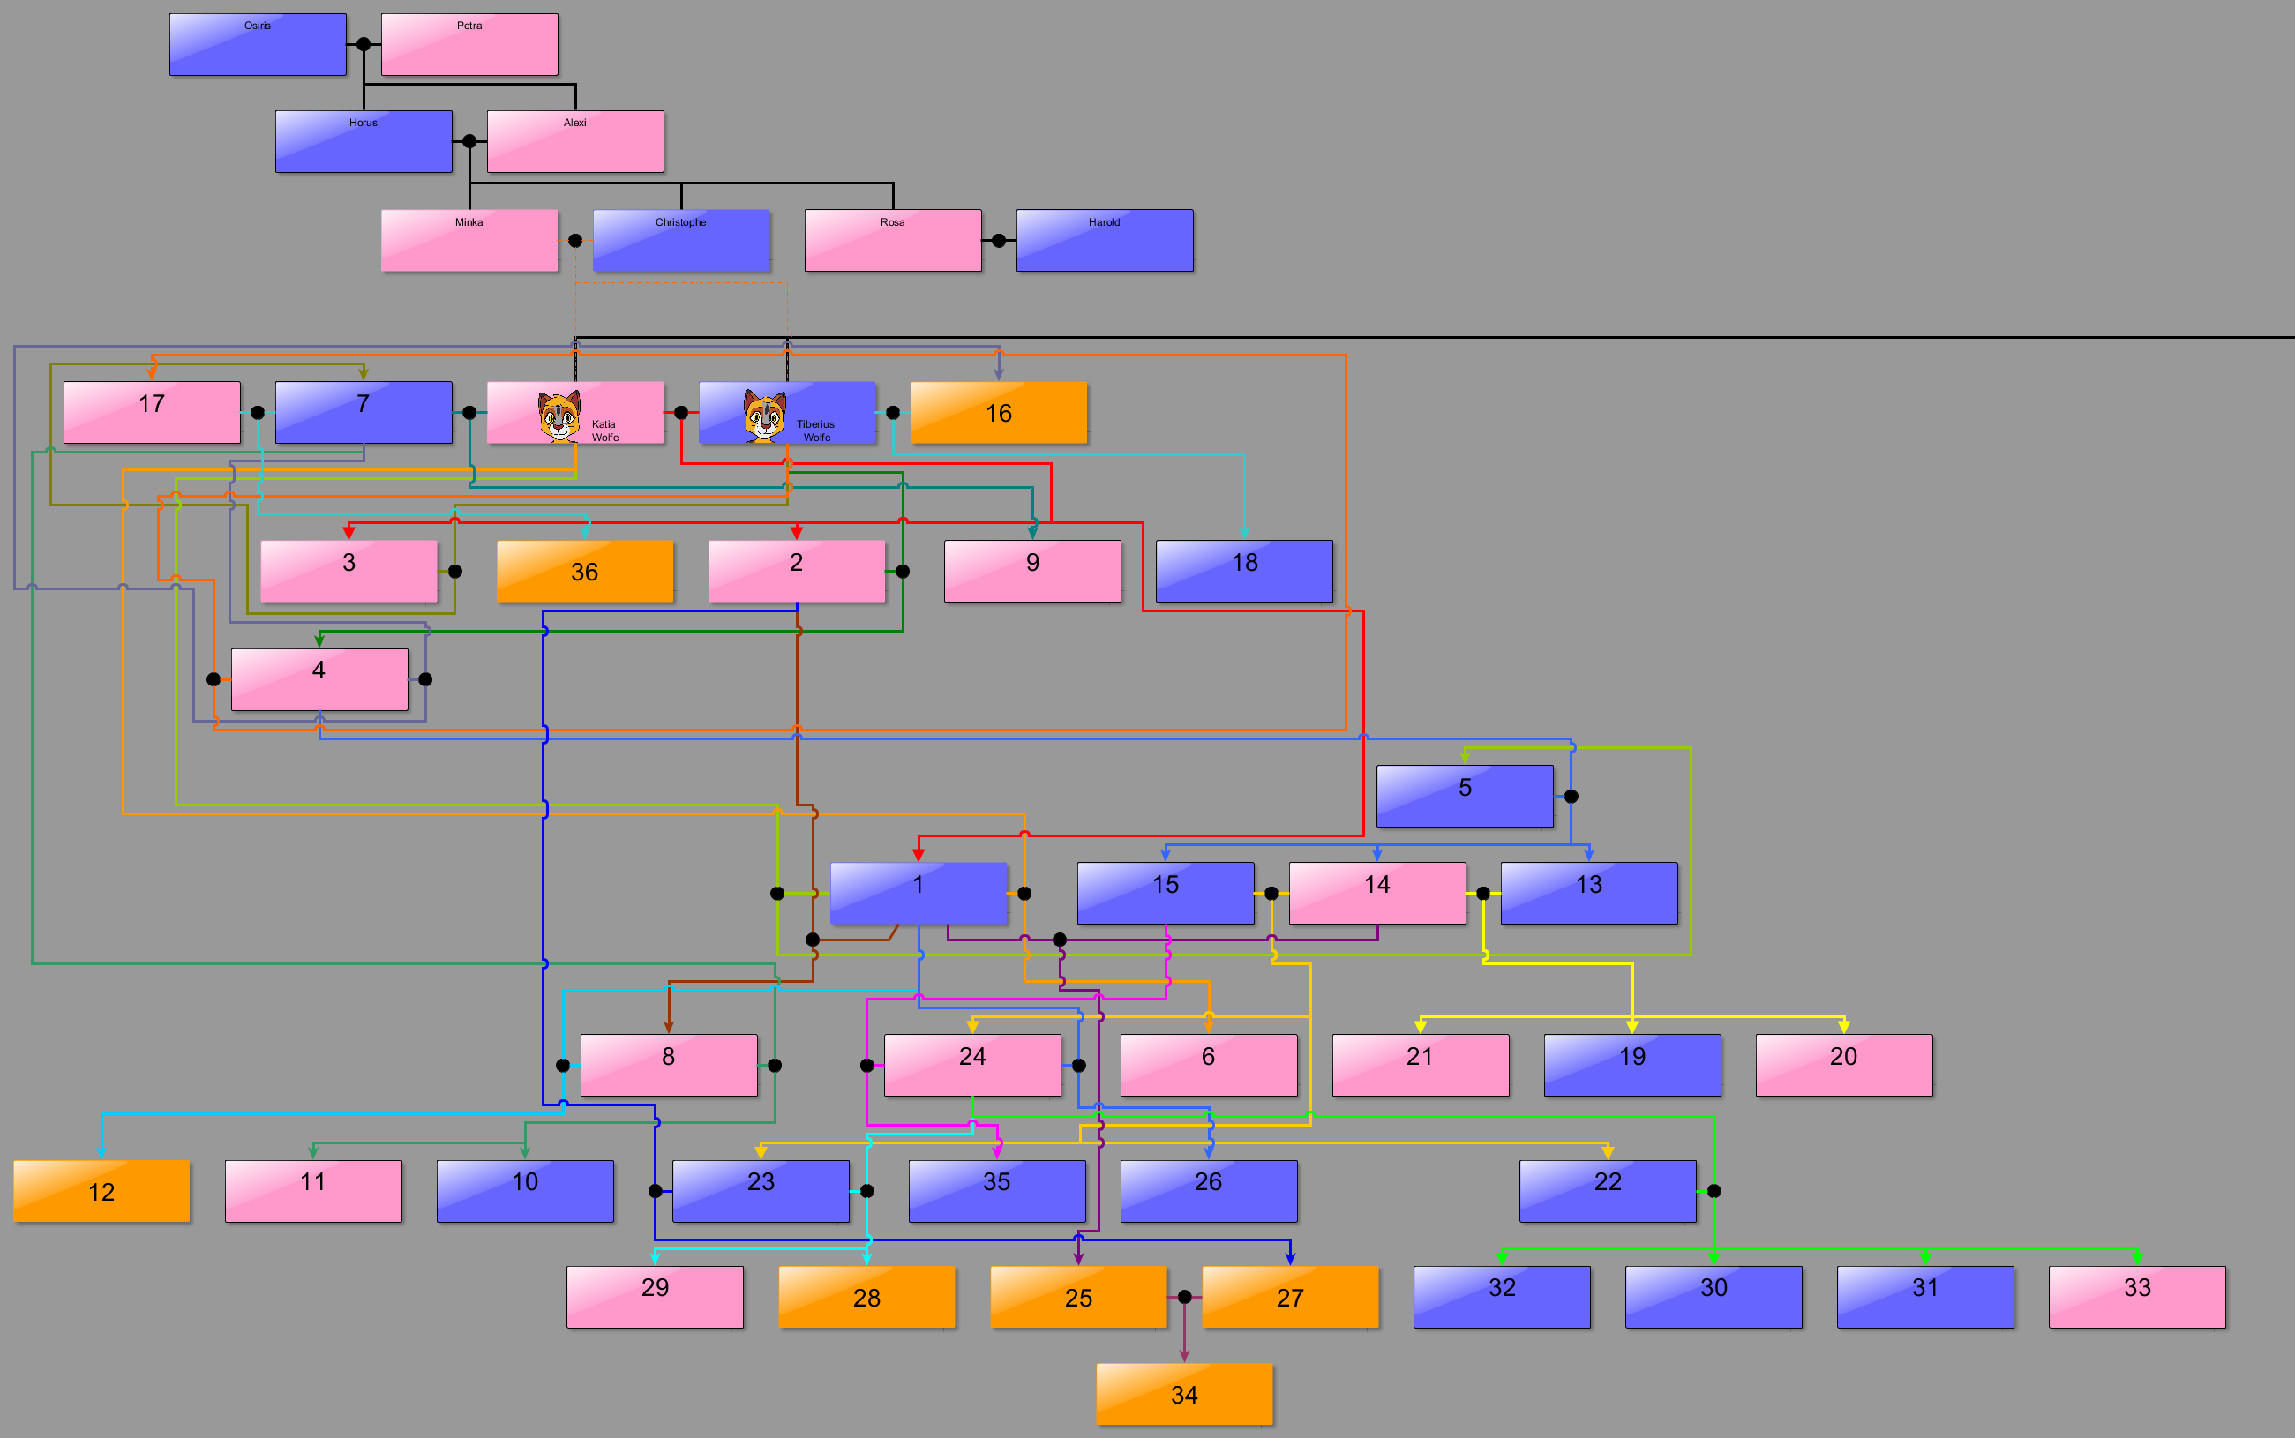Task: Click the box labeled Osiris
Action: [x=257, y=45]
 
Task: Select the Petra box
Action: [x=469, y=45]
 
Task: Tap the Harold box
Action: [x=1104, y=241]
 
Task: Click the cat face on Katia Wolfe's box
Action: [x=559, y=416]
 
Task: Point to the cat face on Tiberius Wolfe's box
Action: [x=765, y=416]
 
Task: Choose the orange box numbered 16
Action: [x=999, y=413]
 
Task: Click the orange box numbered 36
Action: [x=584, y=572]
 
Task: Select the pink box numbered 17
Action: [x=151, y=413]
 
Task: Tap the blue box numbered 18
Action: [x=1244, y=572]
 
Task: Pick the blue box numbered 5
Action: [x=1465, y=796]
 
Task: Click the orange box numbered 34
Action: [x=1184, y=1394]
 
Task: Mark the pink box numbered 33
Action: [x=2137, y=1296]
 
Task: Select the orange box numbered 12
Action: [x=101, y=1191]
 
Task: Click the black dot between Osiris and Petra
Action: [x=364, y=45]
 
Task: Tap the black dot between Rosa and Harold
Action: [x=999, y=241]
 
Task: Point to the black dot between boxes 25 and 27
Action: [x=1184, y=1296]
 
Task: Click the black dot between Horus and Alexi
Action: [x=469, y=142]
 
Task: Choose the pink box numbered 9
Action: [x=1032, y=572]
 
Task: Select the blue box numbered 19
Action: [x=1632, y=1065]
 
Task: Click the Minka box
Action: [x=469, y=241]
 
